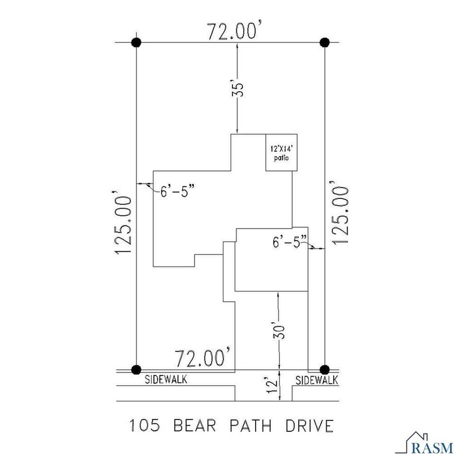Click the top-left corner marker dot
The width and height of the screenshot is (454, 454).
click(136, 42)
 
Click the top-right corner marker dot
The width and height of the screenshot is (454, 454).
click(325, 42)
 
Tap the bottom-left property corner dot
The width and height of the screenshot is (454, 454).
click(136, 370)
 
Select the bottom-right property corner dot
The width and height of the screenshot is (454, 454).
click(325, 370)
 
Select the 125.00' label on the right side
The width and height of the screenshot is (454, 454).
click(339, 212)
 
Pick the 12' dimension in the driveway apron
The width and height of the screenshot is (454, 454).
click(272, 385)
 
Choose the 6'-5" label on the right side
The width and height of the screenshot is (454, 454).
click(290, 242)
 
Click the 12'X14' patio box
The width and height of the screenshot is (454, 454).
click(282, 152)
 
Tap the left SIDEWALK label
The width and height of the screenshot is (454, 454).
click(166, 379)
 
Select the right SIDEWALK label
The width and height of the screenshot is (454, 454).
click(317, 380)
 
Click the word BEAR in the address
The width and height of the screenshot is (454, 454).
click(195, 426)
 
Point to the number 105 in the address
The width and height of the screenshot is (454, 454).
click(145, 426)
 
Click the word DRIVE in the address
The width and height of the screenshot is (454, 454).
click(310, 426)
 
